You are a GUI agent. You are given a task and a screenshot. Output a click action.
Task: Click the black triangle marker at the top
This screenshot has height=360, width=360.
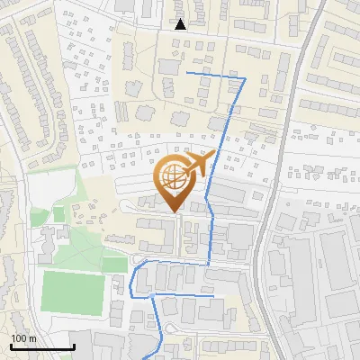180,24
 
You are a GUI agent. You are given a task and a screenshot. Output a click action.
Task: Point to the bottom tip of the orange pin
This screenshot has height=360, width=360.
175,211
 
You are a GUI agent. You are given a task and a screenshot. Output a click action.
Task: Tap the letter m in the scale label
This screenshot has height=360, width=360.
33,338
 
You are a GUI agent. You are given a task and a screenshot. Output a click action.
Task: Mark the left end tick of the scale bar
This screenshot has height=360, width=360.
11,346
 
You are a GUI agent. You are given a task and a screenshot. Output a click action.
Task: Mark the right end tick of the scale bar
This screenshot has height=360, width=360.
74,346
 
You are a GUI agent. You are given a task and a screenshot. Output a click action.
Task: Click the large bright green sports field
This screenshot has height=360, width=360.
73,289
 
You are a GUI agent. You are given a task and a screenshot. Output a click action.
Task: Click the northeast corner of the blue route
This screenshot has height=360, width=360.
245,79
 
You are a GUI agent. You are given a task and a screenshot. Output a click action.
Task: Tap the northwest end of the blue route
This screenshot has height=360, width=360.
185,71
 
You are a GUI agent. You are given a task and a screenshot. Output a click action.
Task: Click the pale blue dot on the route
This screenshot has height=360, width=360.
152,295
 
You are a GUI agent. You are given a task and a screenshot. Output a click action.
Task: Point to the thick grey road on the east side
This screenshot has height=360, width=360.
298,108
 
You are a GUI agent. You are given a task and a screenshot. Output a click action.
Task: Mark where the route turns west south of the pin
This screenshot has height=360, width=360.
209,264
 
